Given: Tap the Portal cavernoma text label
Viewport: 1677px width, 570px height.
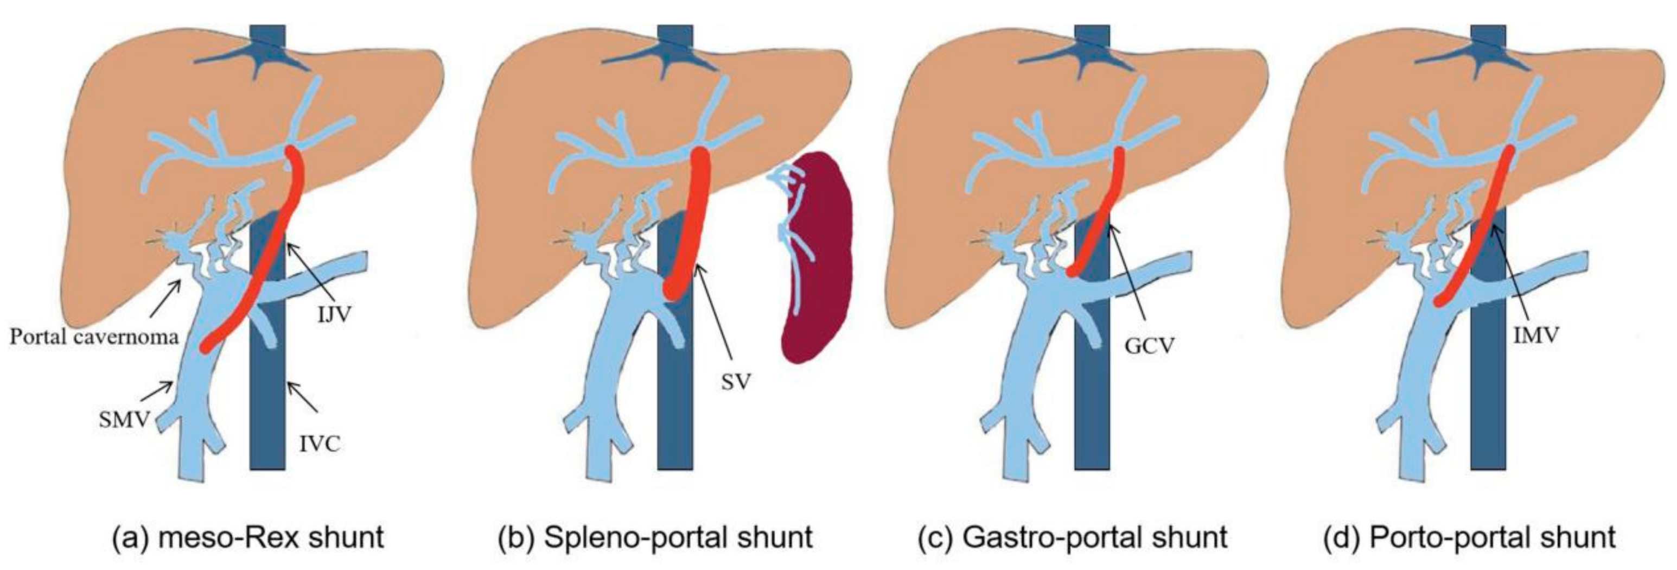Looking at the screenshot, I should [x=94, y=336].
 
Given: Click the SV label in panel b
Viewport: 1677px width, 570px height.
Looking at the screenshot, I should [x=736, y=382].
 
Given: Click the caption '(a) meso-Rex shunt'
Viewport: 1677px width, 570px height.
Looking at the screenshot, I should [x=248, y=537].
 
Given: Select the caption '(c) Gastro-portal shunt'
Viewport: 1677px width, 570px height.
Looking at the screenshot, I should [x=1073, y=537].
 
